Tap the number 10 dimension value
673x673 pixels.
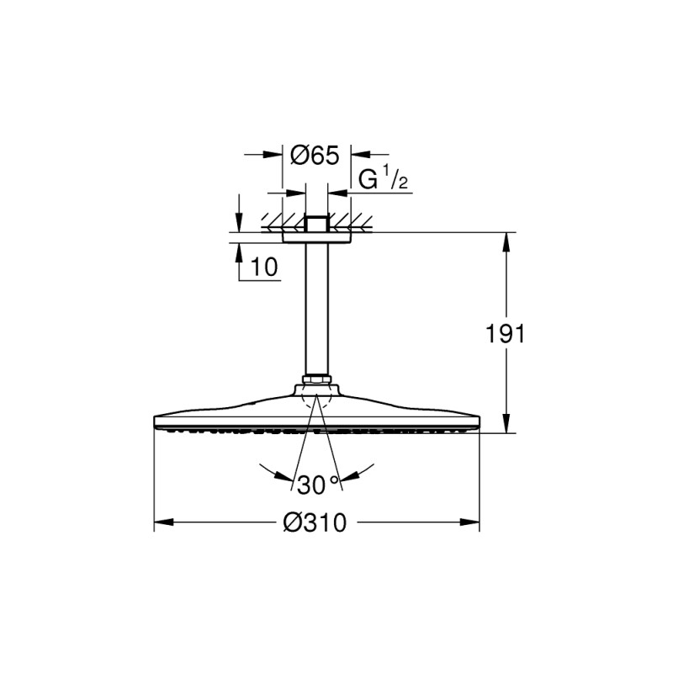click(264, 268)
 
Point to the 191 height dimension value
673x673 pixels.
click(506, 333)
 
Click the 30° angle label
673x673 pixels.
click(317, 485)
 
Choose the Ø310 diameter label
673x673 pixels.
click(315, 522)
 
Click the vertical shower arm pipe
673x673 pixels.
click(316, 311)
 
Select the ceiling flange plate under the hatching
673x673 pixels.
click(316, 238)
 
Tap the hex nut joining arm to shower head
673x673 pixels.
click(316, 383)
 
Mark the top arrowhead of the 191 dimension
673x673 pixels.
click(506, 240)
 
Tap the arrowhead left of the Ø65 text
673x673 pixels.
click(273, 155)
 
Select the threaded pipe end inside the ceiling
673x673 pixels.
click(316, 225)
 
